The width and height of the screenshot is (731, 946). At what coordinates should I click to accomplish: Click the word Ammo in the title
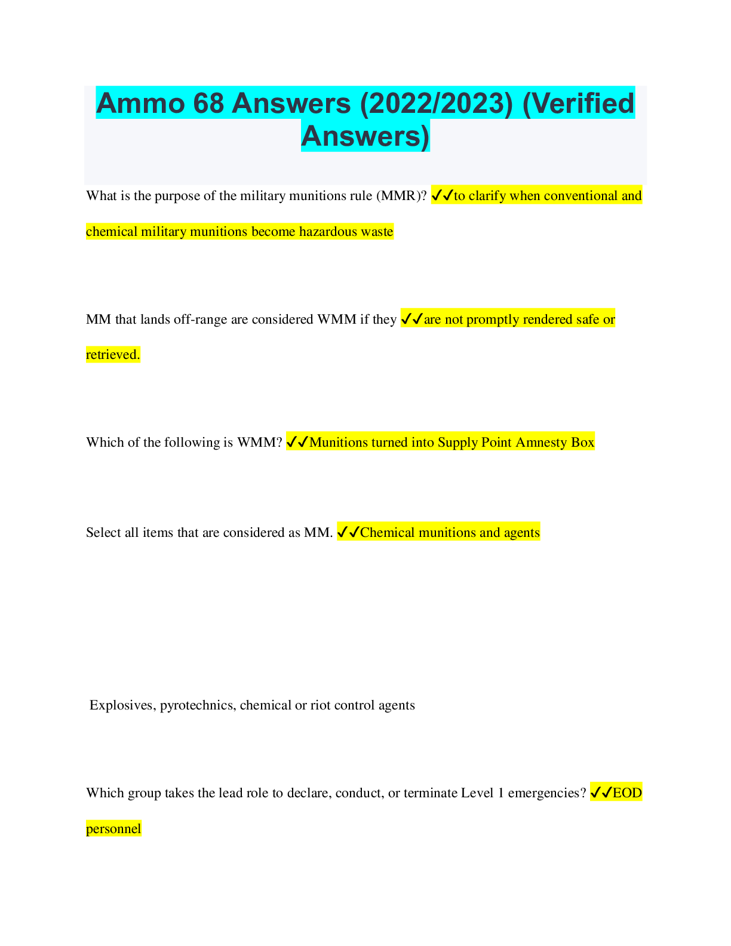pyautogui.click(x=140, y=103)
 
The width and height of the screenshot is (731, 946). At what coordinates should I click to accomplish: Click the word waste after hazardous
pyautogui.click(x=379, y=232)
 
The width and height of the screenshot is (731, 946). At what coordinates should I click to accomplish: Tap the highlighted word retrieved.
pyautogui.click(x=113, y=354)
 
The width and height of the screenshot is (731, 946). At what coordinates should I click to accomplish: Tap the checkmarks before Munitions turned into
pyautogui.click(x=297, y=442)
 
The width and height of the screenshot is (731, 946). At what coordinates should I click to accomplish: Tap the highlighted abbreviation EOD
pyautogui.click(x=627, y=793)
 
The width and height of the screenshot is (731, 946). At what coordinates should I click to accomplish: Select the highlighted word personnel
pyautogui.click(x=113, y=828)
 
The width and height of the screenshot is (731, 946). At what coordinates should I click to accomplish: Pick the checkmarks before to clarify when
pyautogui.click(x=443, y=195)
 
